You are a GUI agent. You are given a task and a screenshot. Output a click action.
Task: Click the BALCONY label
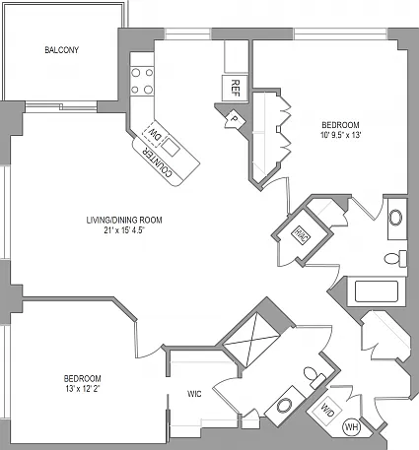coord(62,50)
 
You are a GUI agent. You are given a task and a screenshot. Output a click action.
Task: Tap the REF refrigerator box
coord(235,88)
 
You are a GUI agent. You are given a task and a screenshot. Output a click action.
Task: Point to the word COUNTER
coord(157,162)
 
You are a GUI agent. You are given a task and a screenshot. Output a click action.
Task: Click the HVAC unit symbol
coord(302,235)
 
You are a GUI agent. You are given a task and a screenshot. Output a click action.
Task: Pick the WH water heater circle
coord(352,427)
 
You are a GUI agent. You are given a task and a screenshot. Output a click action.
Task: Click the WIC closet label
coord(194,394)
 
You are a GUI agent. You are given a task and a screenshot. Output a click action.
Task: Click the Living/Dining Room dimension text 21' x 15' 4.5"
coord(124,230)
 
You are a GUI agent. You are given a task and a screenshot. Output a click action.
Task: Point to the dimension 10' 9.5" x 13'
coord(341,135)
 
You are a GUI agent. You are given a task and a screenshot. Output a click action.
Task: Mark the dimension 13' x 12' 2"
coord(82,389)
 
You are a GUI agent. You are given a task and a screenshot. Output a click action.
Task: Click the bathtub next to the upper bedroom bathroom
coord(377,291)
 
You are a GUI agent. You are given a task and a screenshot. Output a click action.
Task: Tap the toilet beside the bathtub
coord(395,258)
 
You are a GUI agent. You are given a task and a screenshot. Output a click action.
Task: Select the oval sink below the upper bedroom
coord(395,218)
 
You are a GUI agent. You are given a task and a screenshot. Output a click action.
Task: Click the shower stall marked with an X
coord(250,339)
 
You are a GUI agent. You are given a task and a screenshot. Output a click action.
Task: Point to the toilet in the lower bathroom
coord(314,377)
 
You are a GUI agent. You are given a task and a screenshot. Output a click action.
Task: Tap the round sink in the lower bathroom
coord(284,406)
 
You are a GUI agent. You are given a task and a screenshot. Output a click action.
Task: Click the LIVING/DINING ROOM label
coord(124,220)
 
